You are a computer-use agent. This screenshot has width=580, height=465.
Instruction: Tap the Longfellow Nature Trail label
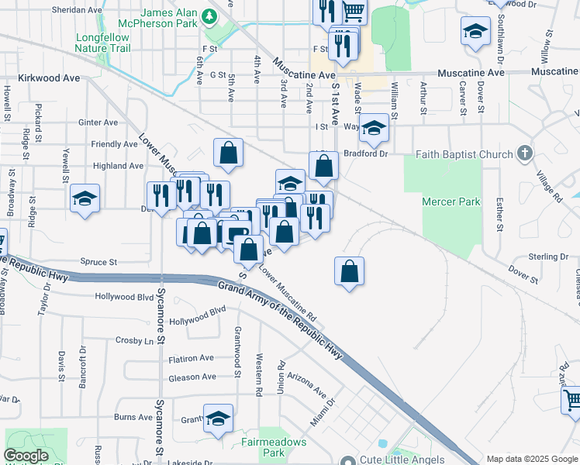click(x=106, y=42)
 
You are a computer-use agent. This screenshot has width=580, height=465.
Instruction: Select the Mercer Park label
click(x=451, y=202)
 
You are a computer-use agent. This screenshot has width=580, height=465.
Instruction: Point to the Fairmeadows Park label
click(x=273, y=447)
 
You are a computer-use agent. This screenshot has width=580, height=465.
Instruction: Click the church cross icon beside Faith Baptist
click(x=525, y=153)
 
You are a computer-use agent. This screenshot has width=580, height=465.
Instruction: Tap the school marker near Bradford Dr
click(x=374, y=129)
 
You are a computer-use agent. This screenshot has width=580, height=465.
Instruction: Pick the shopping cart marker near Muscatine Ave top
click(x=353, y=10)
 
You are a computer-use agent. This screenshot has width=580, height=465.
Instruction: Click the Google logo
click(x=26, y=456)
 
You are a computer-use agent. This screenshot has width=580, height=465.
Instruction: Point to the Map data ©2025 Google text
click(x=532, y=459)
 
